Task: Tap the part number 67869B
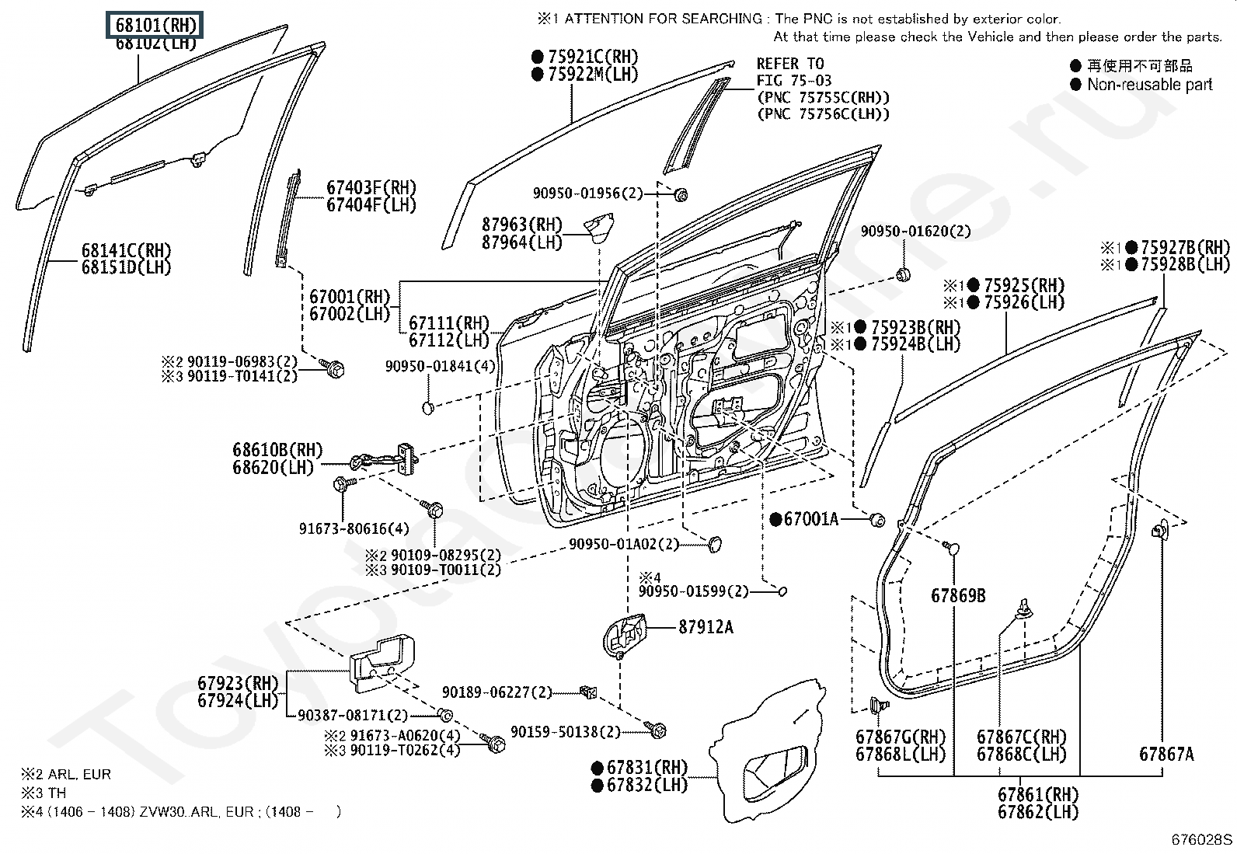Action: [958, 596]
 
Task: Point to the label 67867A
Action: [1166, 753]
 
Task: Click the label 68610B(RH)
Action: [277, 450]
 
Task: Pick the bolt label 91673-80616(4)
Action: [354, 528]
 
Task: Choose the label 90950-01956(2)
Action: [588, 193]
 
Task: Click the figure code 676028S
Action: [1202, 839]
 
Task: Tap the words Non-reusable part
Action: [1149, 85]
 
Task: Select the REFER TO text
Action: [790, 64]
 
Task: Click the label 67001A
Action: [810, 519]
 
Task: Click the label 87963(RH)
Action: [521, 225]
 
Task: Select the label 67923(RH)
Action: [237, 683]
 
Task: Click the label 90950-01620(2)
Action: [915, 231]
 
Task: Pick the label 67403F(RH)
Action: [371, 187]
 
